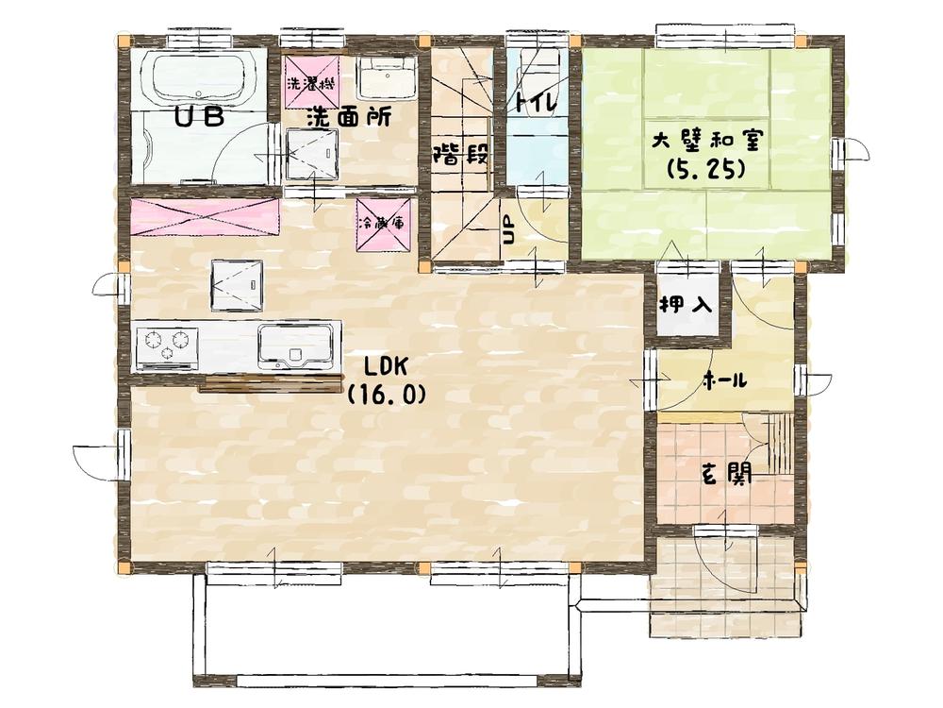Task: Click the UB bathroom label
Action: point(200,117)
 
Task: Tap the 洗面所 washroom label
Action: point(347,118)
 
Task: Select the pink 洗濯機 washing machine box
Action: point(311,81)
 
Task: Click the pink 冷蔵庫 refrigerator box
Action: point(382,225)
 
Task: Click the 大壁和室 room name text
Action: point(707,141)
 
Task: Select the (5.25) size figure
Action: point(707,171)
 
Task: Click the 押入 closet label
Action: point(685,305)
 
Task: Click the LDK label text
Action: point(386,366)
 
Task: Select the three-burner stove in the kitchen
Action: point(167,346)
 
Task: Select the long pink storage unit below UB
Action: point(205,217)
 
